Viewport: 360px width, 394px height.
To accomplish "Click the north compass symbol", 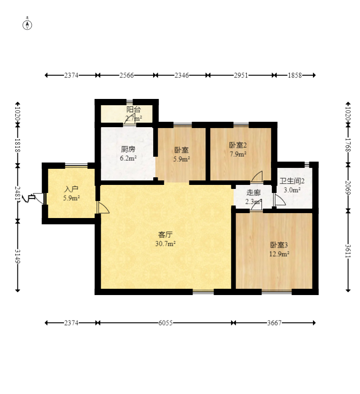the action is (x=27, y=25).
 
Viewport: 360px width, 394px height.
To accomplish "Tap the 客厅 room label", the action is (x=165, y=235).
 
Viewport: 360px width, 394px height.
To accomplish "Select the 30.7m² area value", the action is (x=165, y=244).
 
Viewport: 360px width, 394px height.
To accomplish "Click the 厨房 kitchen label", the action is (x=128, y=149).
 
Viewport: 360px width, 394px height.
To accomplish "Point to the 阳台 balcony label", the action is (x=133, y=110).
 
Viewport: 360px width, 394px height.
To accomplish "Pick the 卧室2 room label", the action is (x=238, y=145).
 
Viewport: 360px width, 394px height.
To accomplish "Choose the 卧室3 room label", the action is (x=279, y=245).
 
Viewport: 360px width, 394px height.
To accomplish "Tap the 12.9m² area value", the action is (x=279, y=254).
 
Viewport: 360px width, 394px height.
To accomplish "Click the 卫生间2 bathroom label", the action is (x=292, y=181).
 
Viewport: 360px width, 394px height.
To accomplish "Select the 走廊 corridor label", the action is (x=253, y=193).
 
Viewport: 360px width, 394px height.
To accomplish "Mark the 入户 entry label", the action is (x=71, y=189).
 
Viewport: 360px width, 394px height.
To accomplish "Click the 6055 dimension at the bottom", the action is (x=165, y=323).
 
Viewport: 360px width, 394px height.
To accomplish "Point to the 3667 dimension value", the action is (x=274, y=323).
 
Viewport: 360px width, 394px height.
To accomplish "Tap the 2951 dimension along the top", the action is (x=241, y=75).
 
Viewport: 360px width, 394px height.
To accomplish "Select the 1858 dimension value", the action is (x=295, y=75).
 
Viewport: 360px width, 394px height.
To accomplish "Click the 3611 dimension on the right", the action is (x=348, y=251).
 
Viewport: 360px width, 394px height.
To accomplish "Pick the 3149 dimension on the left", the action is (x=17, y=256).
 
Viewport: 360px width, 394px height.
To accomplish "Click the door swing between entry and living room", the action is (x=103, y=208).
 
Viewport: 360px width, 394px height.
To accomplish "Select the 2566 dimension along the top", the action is (x=126, y=75).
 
